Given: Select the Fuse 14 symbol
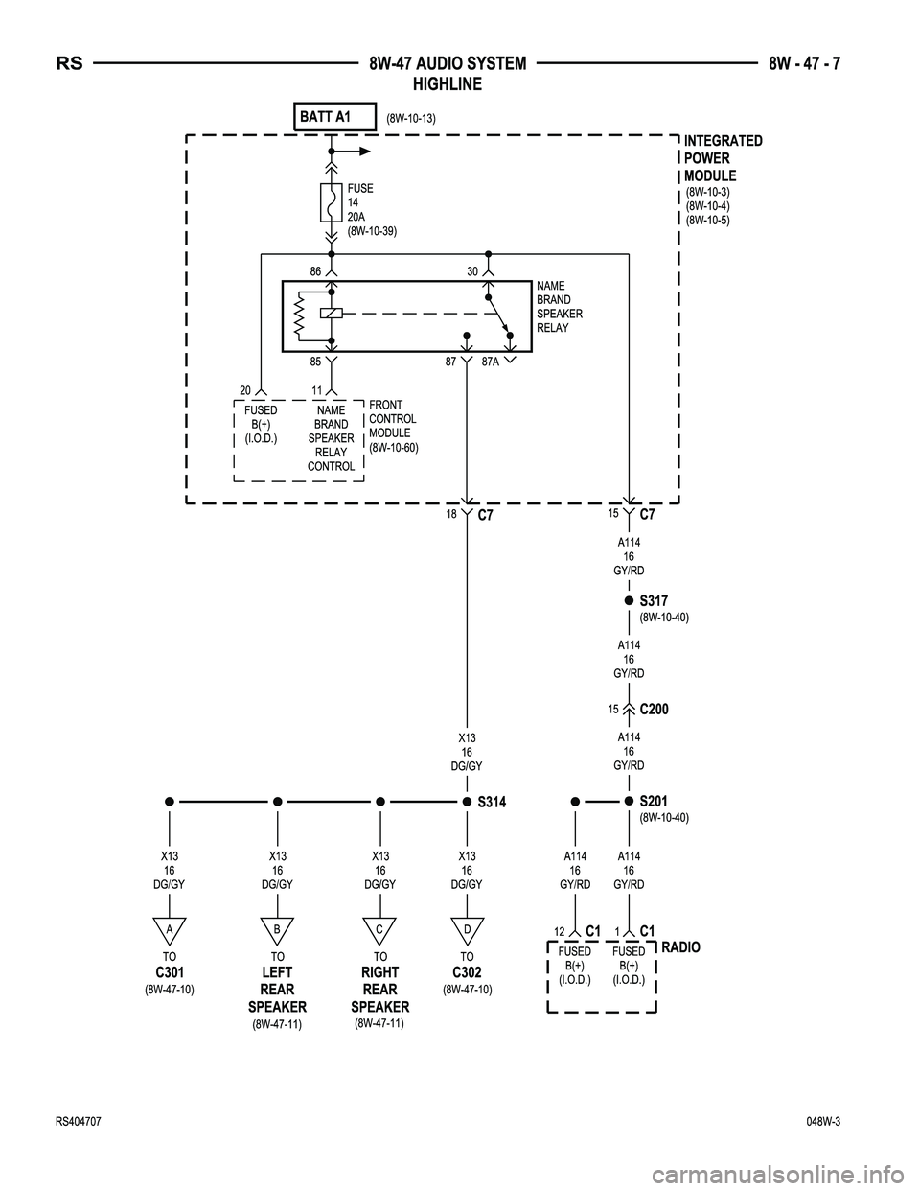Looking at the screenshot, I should tap(331, 202).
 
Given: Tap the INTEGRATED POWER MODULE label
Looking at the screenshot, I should tap(724, 158).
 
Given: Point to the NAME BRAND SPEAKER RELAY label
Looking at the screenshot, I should tap(560, 307).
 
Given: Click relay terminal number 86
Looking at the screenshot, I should tap(315, 271).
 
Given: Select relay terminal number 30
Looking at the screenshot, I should tap(472, 271).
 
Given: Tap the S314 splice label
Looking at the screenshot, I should tap(494, 802).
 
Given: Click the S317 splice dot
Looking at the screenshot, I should tap(629, 601).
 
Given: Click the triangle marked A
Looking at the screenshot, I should tap(169, 929).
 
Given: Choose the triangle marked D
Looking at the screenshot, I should tap(467, 929).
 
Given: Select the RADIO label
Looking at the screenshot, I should tap(680, 947).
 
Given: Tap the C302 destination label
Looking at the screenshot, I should tap(467, 973).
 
